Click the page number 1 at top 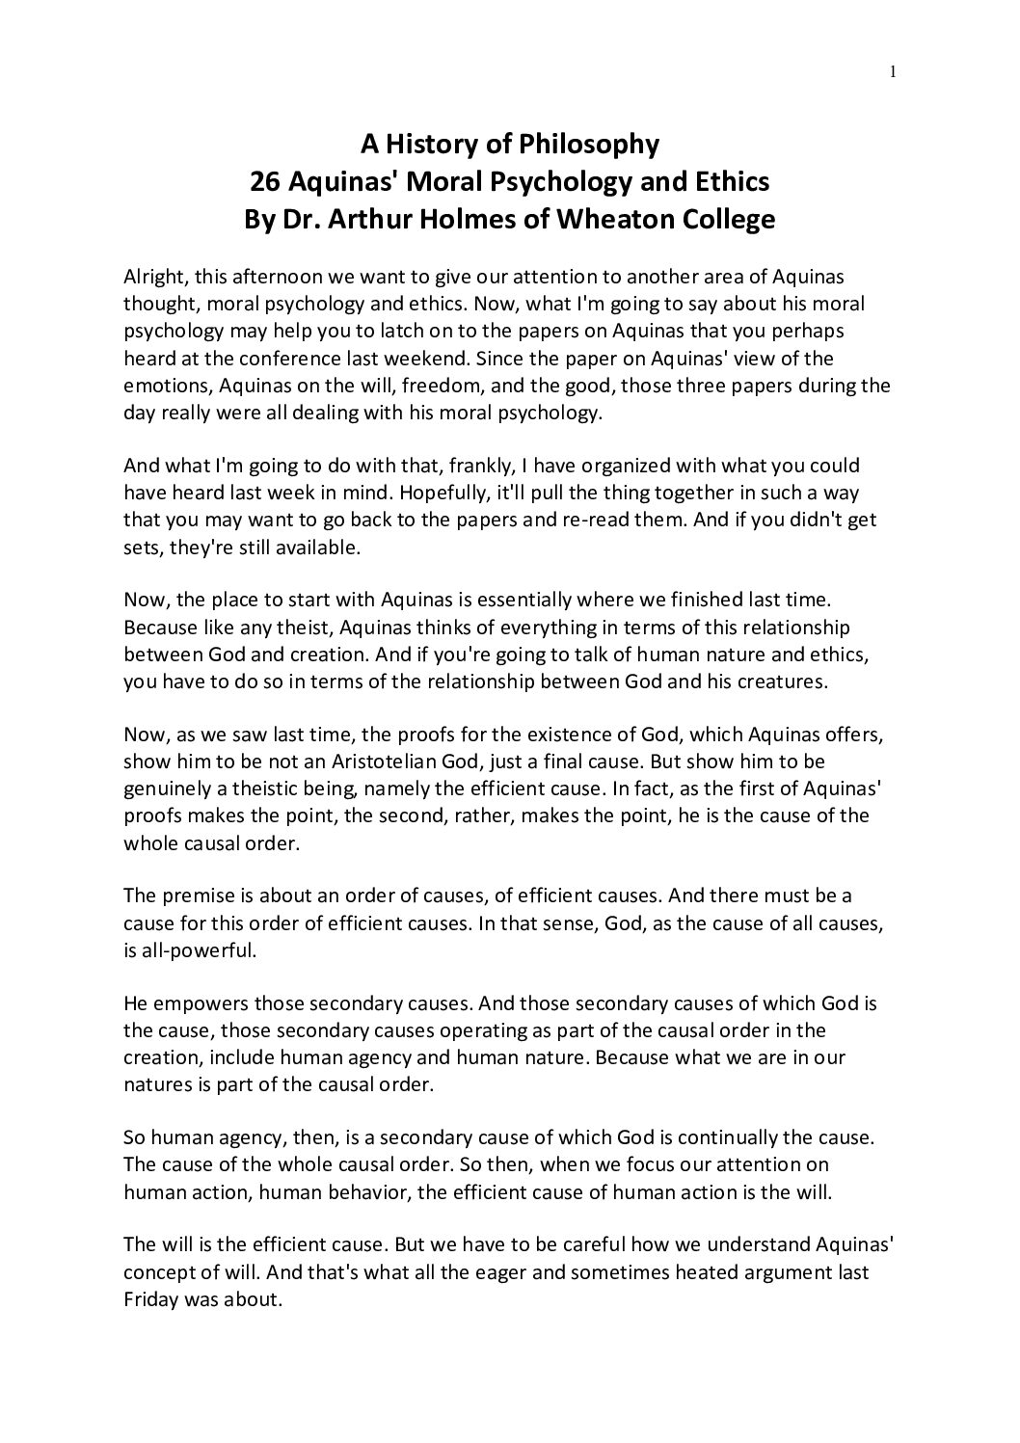point(893,70)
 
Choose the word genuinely point(165,788)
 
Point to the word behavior point(303,1191)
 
